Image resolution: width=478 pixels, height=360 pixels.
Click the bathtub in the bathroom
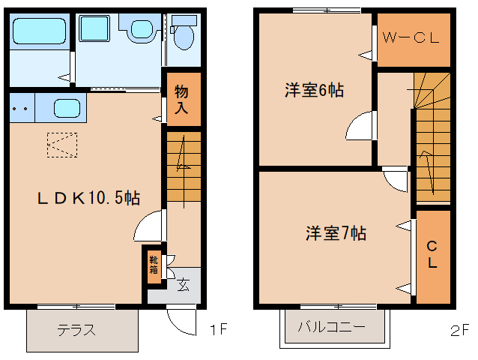coord(39,31)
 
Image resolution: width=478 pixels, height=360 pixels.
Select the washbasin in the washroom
coord(142,29)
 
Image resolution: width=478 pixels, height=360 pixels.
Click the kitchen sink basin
coord(67,108)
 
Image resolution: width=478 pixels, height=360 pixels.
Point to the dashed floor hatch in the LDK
coord(62,145)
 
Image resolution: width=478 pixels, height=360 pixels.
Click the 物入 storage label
coord(181,100)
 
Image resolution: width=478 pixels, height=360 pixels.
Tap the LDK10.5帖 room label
coord(88,198)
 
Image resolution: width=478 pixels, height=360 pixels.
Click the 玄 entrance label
coord(183,285)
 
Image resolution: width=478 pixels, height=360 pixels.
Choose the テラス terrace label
coord(76,330)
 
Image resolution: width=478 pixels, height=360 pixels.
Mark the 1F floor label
coord(219,329)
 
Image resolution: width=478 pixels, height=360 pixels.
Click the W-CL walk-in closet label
coord(411,37)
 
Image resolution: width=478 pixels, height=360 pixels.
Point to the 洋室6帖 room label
coord(315,90)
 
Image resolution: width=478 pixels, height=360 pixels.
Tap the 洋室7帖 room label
coord(336,233)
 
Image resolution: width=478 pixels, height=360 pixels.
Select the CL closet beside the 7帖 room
coord(433,257)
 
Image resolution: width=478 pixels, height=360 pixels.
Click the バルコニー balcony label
coord(332,327)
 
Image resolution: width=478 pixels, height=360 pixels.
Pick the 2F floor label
coord(459,331)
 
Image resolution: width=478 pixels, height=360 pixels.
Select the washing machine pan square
coord(94,28)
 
